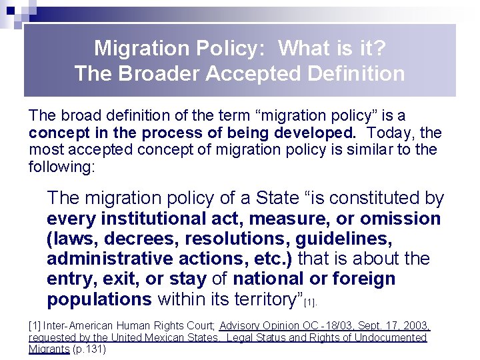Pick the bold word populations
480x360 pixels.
[99, 299]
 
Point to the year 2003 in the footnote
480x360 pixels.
[413, 326]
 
